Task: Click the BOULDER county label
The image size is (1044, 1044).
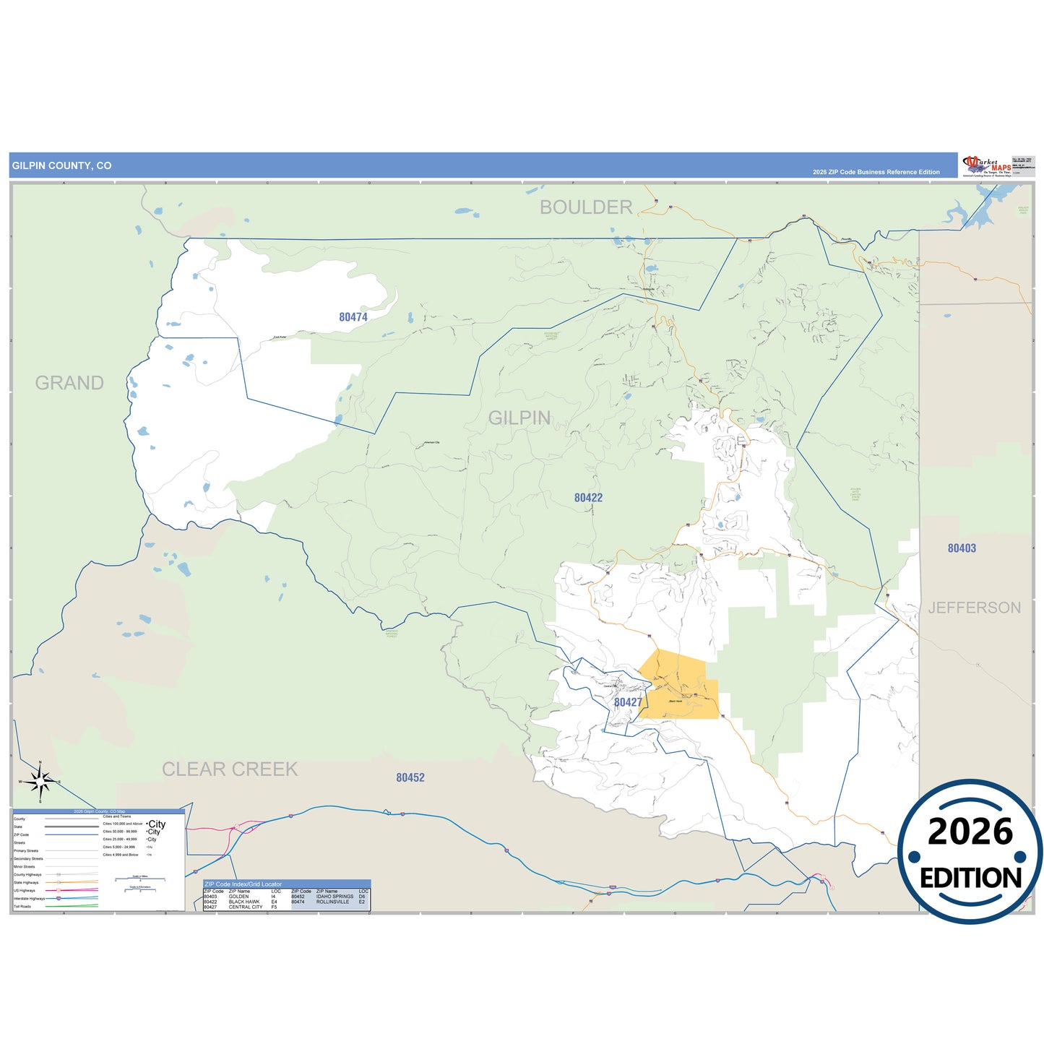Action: point(586,207)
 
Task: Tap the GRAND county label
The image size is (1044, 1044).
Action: point(69,383)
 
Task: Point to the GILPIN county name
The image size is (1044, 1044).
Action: point(519,418)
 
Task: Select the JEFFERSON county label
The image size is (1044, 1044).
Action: point(974,608)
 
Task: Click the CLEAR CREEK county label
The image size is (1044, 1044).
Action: point(230,769)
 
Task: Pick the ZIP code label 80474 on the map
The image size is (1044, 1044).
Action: point(353,317)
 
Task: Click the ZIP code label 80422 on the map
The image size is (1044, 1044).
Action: point(588,498)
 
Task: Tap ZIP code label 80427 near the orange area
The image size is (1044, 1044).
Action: point(628,702)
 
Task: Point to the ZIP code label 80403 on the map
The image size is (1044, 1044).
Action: point(962,548)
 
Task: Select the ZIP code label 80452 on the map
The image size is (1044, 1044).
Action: point(410,777)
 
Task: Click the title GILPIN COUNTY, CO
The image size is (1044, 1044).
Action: point(62,165)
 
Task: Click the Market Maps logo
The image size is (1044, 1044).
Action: point(987,165)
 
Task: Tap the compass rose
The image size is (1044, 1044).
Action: point(40,782)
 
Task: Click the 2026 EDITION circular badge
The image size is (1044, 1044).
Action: point(970,852)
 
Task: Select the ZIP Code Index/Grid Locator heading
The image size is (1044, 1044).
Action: point(243,884)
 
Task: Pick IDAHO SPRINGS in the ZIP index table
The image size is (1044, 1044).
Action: point(335,897)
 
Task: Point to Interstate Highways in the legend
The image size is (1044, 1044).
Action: point(29,899)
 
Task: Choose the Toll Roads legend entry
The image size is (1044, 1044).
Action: point(22,907)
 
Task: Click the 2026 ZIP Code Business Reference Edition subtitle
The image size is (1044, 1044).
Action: point(876,172)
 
